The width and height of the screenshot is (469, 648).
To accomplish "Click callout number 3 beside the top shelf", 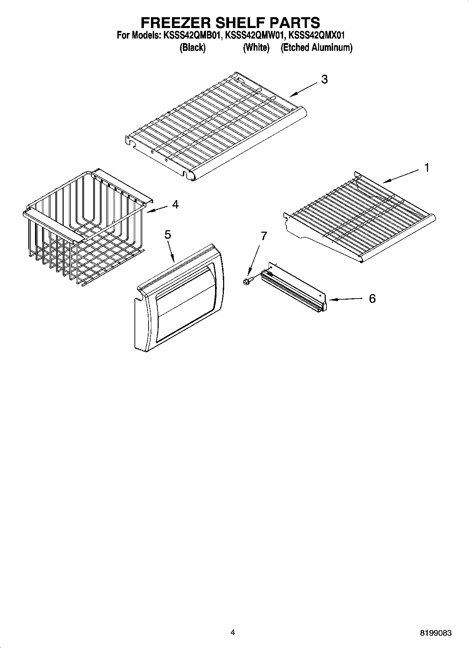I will tap(325, 80).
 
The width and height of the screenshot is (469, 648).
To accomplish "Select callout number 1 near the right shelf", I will tap(427, 168).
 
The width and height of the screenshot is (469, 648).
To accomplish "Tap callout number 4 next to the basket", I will tap(175, 204).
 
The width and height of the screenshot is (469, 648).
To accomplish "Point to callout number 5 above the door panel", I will tap(168, 235).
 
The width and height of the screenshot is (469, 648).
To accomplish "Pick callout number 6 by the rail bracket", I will tap(372, 299).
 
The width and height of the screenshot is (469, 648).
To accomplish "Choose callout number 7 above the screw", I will tap(264, 236).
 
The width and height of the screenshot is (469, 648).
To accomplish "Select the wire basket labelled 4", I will tap(84, 228).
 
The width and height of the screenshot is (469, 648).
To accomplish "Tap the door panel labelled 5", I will tap(179, 298).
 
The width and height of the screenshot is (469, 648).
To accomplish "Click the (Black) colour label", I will tap(192, 48).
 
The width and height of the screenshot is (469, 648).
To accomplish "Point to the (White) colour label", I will tap(256, 48).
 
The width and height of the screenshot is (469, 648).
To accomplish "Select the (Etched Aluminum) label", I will tap(316, 48).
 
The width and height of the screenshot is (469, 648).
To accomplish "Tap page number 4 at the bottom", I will tap(233, 632).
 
